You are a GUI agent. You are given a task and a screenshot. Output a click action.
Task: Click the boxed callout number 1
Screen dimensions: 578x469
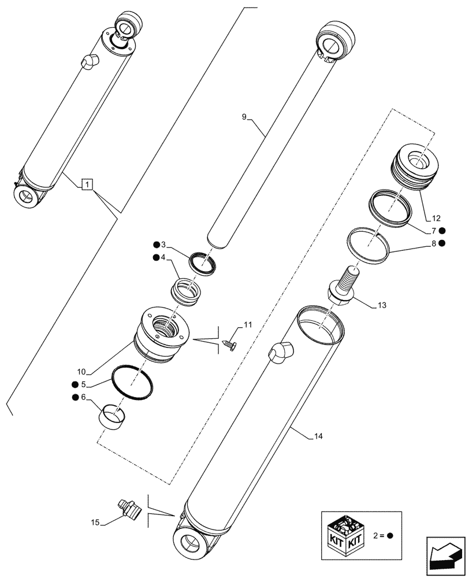pyautogui.click(x=86, y=185)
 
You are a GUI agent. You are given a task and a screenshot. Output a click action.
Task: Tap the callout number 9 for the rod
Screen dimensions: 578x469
pyautogui.click(x=245, y=117)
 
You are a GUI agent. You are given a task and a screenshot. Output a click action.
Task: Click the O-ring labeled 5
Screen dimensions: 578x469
pyautogui.click(x=132, y=382)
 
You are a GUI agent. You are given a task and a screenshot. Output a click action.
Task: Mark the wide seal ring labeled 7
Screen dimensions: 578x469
pyautogui.click(x=391, y=205)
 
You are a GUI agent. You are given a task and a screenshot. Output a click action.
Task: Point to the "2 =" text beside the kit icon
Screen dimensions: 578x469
pyautogui.click(x=380, y=535)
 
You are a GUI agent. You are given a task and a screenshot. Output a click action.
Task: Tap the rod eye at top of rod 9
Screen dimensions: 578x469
pyautogui.click(x=334, y=39)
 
